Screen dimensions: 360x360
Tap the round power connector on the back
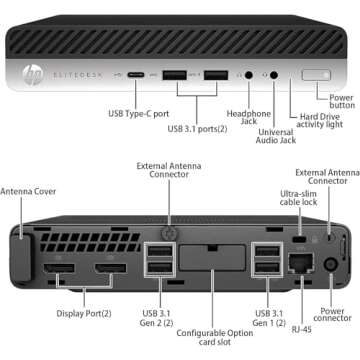click(331, 265)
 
